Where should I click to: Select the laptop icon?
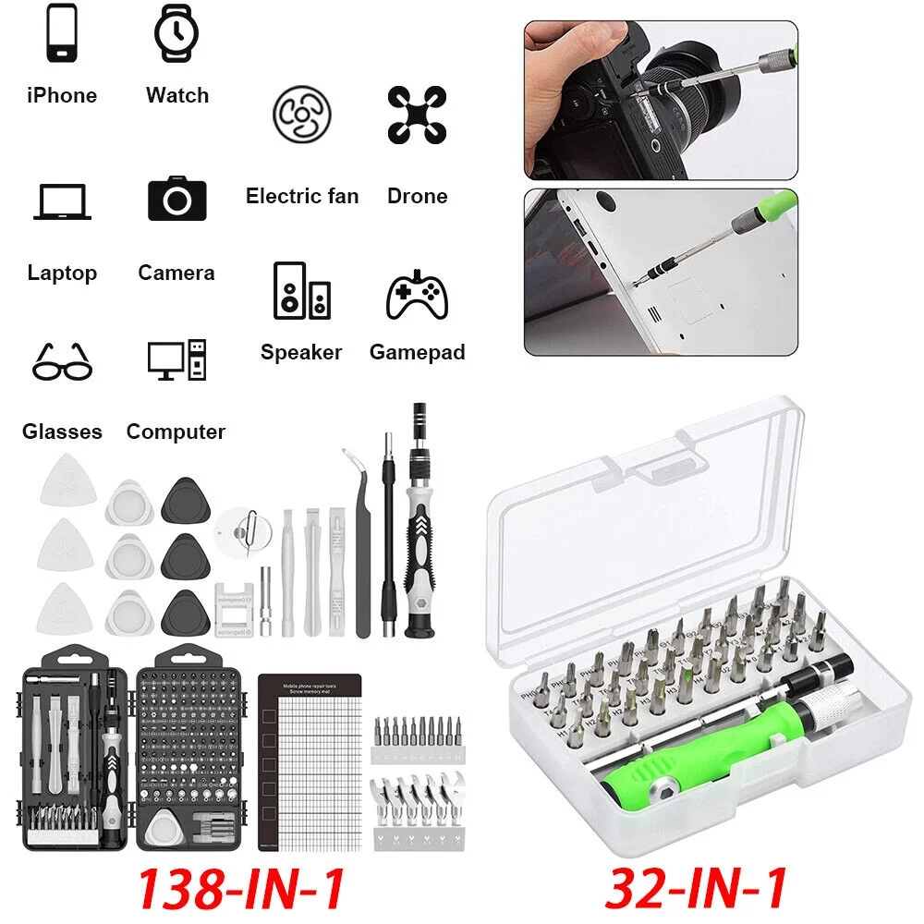pos(62,202)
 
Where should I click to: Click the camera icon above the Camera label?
pos(176,198)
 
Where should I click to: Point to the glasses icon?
pos(62,361)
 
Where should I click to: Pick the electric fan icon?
pos(301,115)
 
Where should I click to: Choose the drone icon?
pos(417,115)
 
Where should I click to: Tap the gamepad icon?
pos(417,295)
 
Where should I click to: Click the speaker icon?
pos(301,291)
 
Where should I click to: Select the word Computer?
pos(176,432)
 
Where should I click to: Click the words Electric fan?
pos(301,196)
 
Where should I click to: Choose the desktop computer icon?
pos(176,360)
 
